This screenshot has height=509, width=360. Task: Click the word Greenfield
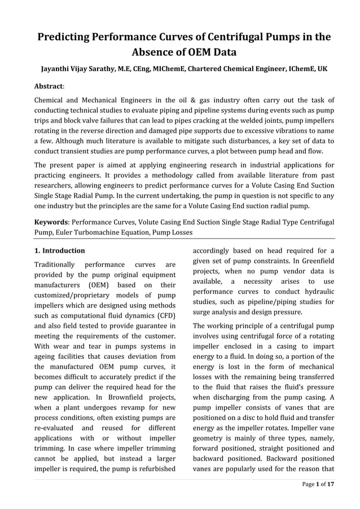click(315, 260)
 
